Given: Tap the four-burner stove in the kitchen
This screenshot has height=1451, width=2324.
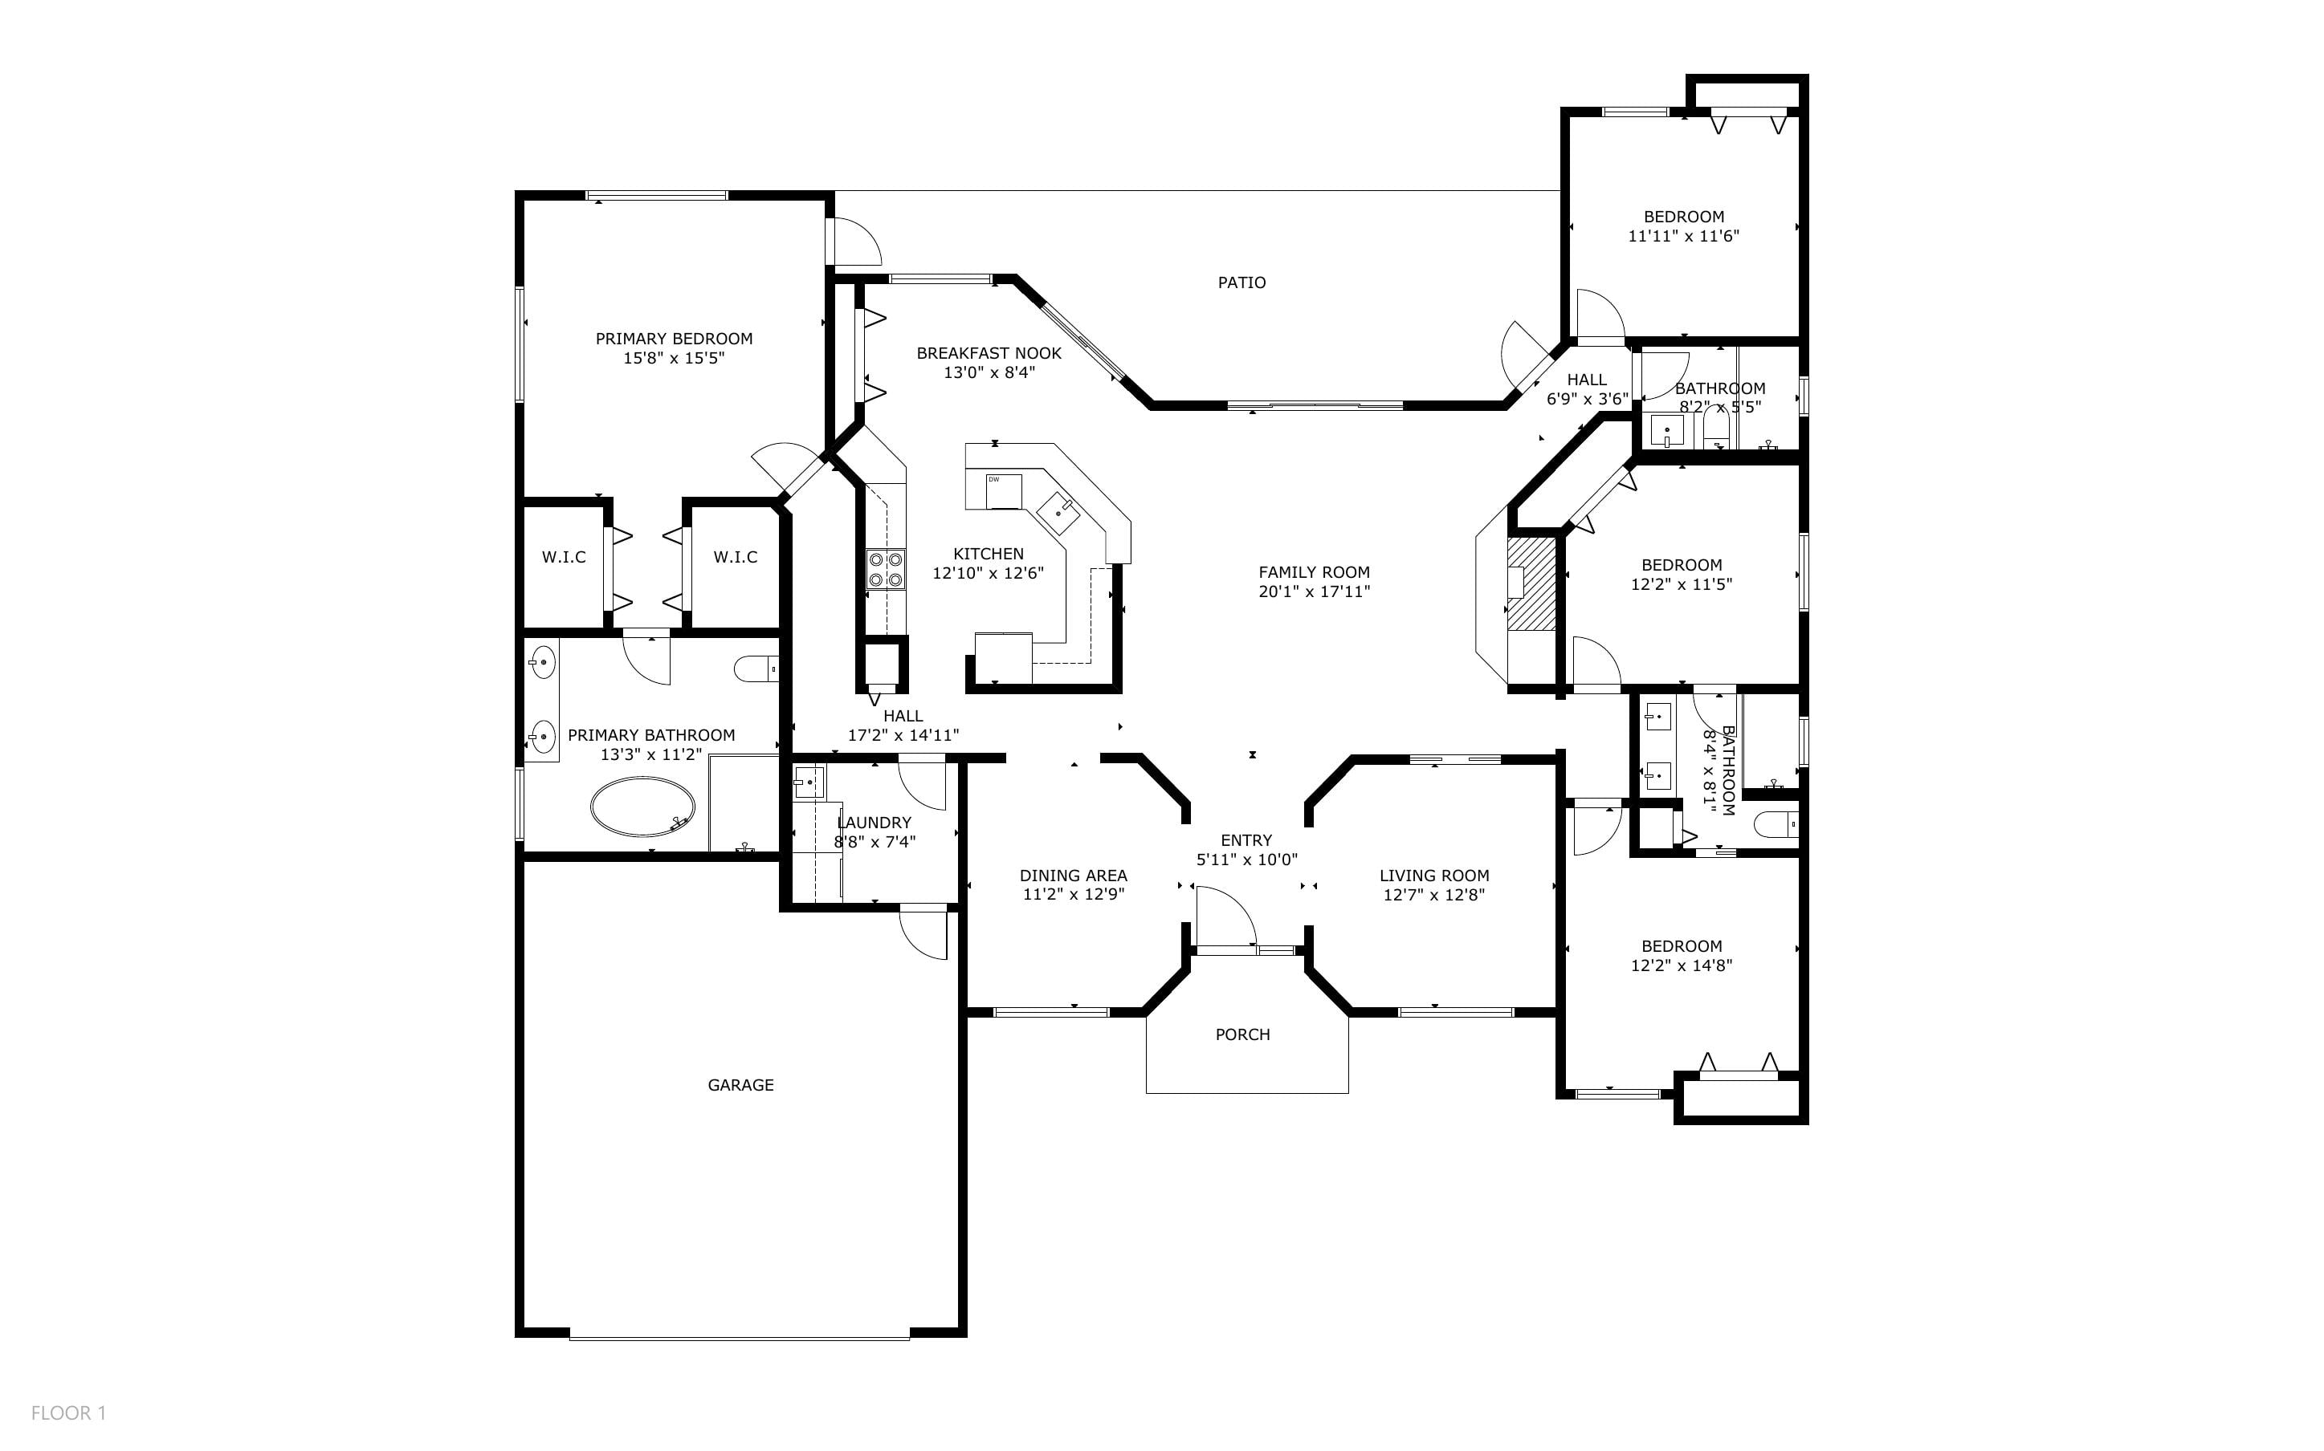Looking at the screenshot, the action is [885, 569].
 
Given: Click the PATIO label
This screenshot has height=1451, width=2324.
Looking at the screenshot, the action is [1242, 282].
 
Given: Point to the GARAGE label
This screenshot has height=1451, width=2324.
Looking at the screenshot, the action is [740, 1084].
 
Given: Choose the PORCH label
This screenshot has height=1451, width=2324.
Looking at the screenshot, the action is [1242, 1034].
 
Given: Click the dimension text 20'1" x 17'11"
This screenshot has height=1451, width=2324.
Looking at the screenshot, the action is [1314, 591].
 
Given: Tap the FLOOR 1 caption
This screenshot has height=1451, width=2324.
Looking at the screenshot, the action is [68, 1412].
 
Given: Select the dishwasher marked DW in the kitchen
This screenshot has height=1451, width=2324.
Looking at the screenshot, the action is [1003, 490].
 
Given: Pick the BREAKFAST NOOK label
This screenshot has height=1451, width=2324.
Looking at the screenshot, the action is [989, 353].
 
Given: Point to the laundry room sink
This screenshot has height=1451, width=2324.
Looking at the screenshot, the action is [809, 782].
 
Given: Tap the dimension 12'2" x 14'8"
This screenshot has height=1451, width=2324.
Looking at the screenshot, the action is [1681, 965].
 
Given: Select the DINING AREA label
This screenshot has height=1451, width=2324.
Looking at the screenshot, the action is [1073, 876].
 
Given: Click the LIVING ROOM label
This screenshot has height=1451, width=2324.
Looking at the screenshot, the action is [1434, 876].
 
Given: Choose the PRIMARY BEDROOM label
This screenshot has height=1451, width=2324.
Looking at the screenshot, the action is [674, 339].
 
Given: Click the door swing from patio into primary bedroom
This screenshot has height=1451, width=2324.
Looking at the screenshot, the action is [854, 241].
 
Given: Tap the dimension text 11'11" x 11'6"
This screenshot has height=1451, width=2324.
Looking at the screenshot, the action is [1684, 235].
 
